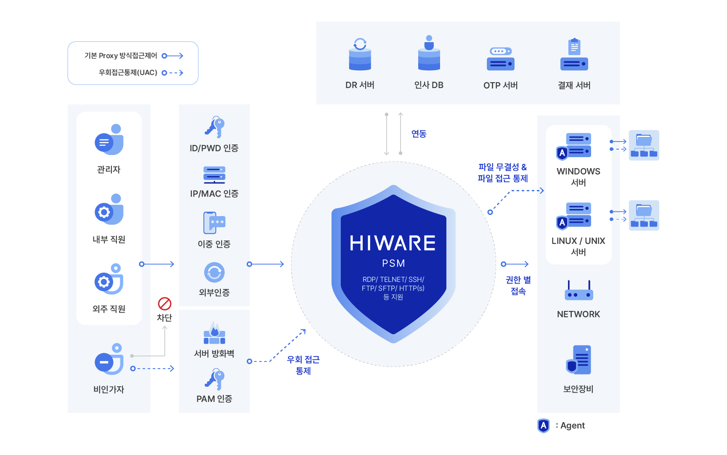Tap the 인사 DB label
click(x=429, y=85)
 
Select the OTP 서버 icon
click(x=501, y=59)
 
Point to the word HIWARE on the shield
click(x=393, y=244)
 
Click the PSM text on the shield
click(x=393, y=263)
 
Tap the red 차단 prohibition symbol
click(x=165, y=304)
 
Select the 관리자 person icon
click(x=109, y=139)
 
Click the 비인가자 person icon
click(x=109, y=359)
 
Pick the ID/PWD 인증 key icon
click(x=215, y=127)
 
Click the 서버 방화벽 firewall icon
click(x=215, y=333)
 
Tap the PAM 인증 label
click(x=214, y=399)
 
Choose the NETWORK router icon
click(x=579, y=290)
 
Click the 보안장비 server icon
click(x=578, y=360)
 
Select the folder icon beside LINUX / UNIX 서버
click(x=644, y=215)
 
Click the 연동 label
click(x=419, y=134)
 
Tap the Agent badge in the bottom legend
click(x=544, y=426)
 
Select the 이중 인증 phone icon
click(x=215, y=223)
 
